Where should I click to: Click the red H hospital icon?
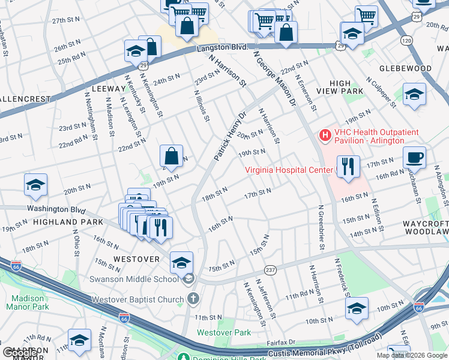(325, 136)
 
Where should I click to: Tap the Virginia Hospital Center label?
(288, 170)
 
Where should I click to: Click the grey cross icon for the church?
(193, 298)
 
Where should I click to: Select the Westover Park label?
(224, 332)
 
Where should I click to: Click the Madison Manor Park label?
(28, 302)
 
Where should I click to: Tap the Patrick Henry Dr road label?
(229, 136)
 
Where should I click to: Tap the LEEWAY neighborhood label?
(109, 88)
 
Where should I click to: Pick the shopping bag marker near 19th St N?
(172, 157)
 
